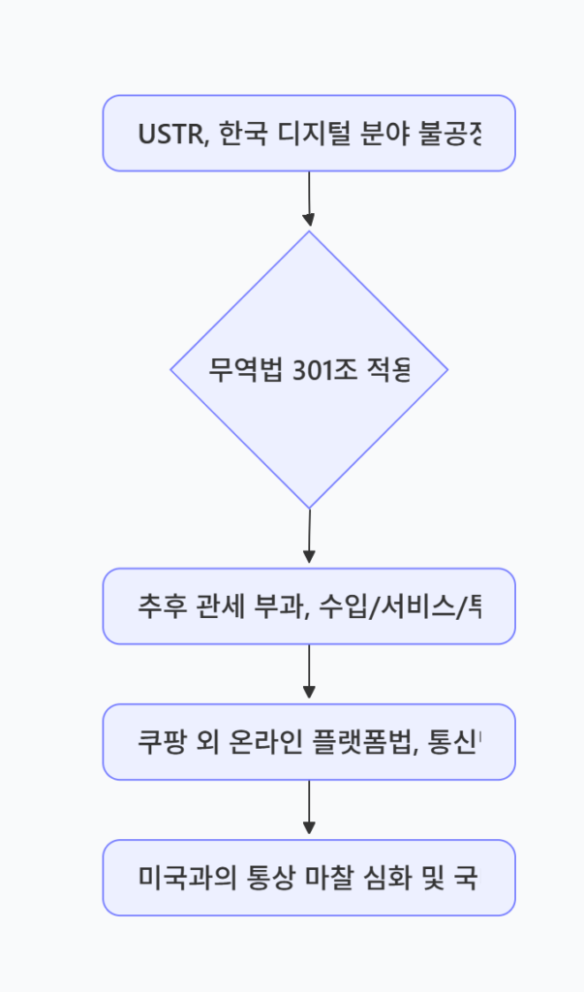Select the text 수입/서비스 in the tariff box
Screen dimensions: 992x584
pos(388,606)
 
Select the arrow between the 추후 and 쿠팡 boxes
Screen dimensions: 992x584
pos(309,672)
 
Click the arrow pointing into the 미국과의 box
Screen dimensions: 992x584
pos(309,808)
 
